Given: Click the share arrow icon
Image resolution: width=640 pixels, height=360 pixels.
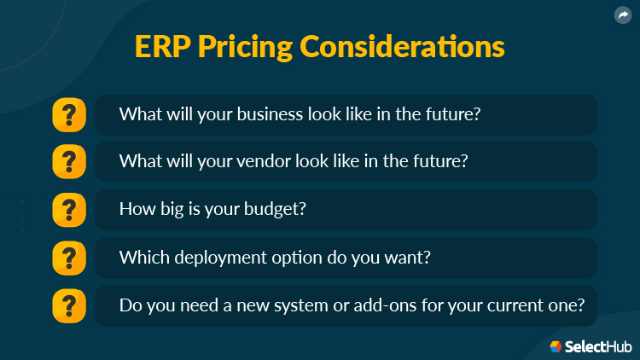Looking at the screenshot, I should [x=623, y=15].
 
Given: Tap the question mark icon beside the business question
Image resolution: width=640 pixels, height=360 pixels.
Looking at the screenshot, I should [x=69, y=114].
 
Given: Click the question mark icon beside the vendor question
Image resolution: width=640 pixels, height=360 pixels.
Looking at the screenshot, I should [x=69, y=162].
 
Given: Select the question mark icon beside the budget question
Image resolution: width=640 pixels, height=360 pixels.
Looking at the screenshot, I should [x=69, y=210].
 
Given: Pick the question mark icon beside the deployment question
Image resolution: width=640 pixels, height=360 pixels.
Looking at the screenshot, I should [x=69, y=258].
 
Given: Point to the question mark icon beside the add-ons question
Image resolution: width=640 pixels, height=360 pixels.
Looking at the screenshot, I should [x=69, y=305].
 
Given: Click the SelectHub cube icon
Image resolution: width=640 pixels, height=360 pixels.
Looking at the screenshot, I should [x=556, y=346].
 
